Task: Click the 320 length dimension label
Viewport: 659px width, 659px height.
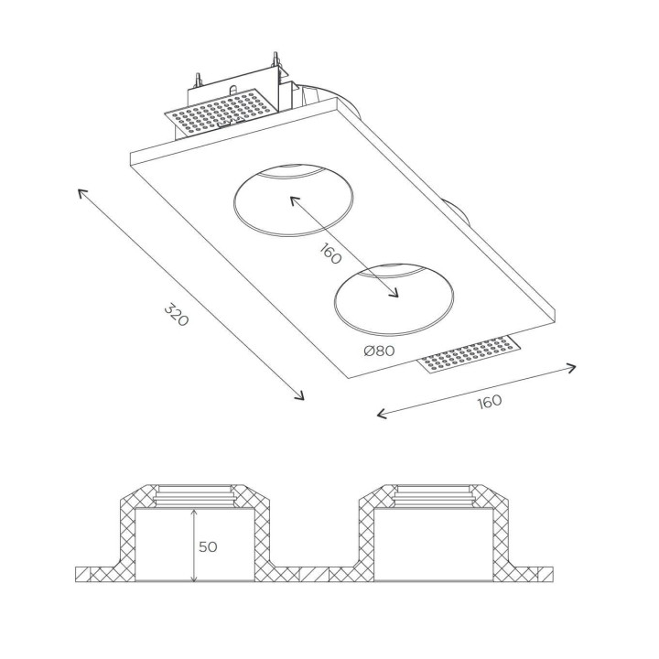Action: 176,314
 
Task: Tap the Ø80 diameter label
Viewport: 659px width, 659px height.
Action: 379,351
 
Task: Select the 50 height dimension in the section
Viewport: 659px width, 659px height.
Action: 208,546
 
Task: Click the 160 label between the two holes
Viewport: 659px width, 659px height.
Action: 330,254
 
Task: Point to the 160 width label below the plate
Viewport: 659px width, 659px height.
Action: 490,401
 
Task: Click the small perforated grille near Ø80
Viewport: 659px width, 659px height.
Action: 471,354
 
